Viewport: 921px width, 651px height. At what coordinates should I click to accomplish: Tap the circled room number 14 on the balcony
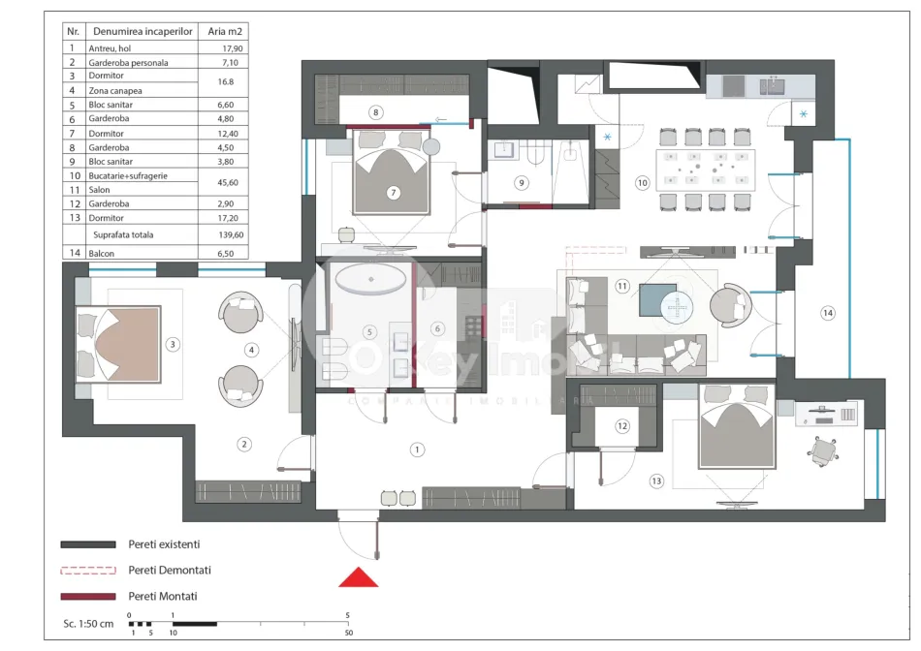tap(827, 313)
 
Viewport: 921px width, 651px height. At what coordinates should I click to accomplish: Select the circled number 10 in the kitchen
tap(642, 181)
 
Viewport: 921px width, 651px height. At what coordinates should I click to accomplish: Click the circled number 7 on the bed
tap(394, 193)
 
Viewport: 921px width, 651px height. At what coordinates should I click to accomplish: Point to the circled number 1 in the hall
tap(417, 449)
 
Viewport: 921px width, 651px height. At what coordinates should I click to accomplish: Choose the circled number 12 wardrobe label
tap(622, 425)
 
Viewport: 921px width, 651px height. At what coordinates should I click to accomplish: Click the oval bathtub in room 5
tap(370, 281)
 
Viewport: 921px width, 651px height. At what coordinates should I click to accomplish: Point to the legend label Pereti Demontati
tap(170, 571)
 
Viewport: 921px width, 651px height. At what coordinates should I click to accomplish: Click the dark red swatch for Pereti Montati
tap(88, 596)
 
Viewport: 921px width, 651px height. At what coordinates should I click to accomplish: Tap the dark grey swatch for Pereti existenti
tap(88, 544)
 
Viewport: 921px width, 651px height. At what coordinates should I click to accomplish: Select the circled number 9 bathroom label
tap(522, 181)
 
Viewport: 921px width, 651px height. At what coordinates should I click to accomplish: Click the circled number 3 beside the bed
tap(172, 344)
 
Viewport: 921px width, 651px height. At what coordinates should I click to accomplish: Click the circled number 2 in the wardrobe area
tap(244, 444)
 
